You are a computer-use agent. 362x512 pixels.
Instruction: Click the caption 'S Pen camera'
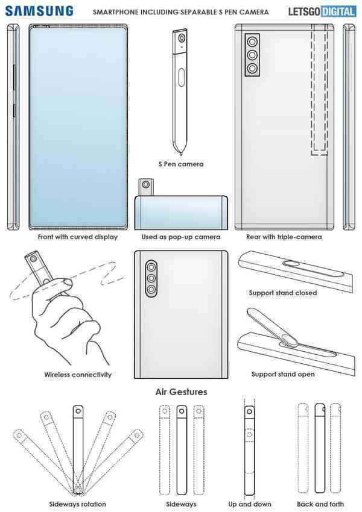pyautogui.click(x=180, y=164)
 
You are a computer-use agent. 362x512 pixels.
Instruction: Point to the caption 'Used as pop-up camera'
pyautogui.click(x=181, y=237)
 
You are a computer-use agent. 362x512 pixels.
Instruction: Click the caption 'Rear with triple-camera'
pyautogui.click(x=284, y=237)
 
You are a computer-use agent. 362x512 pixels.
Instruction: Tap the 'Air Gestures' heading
pyautogui.click(x=181, y=392)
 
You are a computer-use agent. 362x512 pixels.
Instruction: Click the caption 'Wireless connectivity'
pyautogui.click(x=78, y=374)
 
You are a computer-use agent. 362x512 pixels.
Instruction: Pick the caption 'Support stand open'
pyautogui.click(x=282, y=374)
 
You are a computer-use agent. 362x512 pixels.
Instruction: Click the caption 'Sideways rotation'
pyautogui.click(x=77, y=504)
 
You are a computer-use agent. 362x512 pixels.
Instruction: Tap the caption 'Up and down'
pyautogui.click(x=250, y=504)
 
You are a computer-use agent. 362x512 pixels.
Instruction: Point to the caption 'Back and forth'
pyautogui.click(x=320, y=504)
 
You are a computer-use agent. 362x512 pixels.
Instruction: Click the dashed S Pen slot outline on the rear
pyautogui.click(x=319, y=90)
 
